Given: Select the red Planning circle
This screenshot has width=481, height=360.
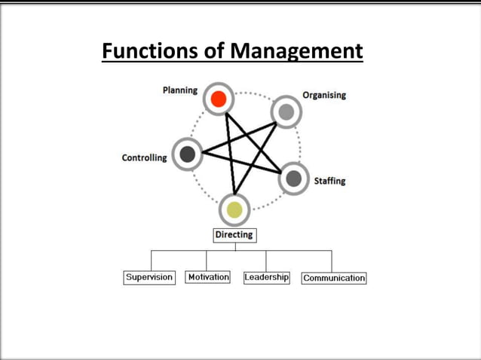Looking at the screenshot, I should click(219, 98).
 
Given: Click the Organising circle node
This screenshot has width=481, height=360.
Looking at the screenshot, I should click(286, 111).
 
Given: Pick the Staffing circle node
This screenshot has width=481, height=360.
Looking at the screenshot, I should click(294, 178).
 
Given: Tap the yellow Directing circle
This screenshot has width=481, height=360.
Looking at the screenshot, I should click(234, 209).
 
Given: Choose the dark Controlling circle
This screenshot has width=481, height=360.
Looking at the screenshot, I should click(187, 154).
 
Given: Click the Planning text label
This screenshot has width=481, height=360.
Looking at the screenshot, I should click(180, 90).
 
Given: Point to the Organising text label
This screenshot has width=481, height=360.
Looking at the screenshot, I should click(324, 96).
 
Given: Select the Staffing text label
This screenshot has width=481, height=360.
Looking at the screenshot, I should click(329, 181).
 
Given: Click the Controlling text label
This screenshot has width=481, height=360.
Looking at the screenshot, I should click(145, 158).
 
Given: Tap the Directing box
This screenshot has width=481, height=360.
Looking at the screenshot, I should click(234, 235).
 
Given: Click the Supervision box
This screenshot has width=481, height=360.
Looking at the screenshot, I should click(149, 277).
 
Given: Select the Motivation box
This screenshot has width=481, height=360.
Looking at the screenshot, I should click(208, 277).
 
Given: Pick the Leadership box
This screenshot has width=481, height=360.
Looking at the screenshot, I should click(266, 277).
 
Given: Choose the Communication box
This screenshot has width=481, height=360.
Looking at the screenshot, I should click(334, 278).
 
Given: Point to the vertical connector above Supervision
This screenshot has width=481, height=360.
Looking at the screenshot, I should click(151, 260).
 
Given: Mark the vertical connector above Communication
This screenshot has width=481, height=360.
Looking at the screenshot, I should click(330, 261).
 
